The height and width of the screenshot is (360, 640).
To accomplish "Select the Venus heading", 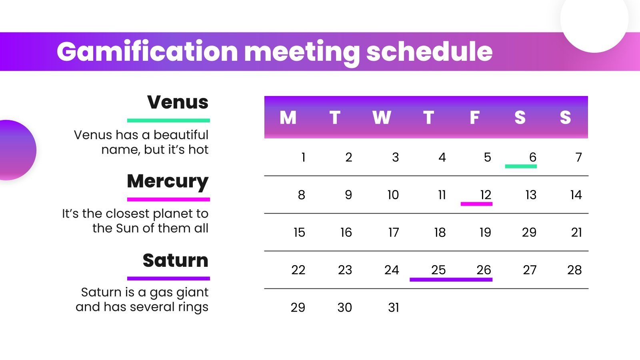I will point(178,102).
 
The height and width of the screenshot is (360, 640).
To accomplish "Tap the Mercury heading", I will point(168,181).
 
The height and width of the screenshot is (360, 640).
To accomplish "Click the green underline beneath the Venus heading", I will point(168,120).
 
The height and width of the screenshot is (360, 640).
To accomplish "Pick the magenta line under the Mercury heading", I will point(168,199).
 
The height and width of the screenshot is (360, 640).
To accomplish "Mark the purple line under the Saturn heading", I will point(168,278).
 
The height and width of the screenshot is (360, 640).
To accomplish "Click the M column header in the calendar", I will point(288,118).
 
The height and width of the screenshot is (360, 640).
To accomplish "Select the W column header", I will point(382,118).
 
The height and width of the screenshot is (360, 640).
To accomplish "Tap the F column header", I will point(474,118).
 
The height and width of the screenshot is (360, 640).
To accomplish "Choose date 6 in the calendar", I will point(532,157).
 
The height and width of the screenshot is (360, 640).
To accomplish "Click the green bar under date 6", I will point(521,166).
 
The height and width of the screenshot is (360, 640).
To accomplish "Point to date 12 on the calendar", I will point(486,195).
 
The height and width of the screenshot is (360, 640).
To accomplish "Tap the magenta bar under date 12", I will point(476,204).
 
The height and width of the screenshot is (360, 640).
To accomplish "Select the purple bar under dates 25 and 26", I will point(451,280).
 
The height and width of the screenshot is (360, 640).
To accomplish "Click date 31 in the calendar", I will point(394,308).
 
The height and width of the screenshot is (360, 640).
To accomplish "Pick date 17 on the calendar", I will point(394,232).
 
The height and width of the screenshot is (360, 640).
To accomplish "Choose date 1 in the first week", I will point(304,157).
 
